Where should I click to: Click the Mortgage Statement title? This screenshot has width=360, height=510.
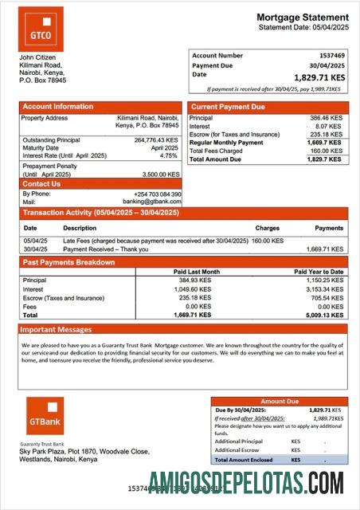[302, 17]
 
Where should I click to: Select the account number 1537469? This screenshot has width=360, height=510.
[330, 56]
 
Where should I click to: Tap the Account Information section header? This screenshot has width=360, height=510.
[58, 106]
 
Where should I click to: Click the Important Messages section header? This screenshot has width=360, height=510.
[57, 329]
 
